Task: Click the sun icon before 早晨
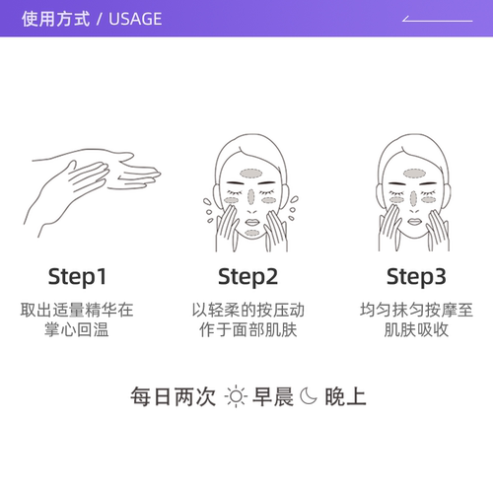point(235,397)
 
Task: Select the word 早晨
point(271,397)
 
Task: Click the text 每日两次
point(173,397)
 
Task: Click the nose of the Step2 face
point(250,196)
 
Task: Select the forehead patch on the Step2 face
point(250,171)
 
